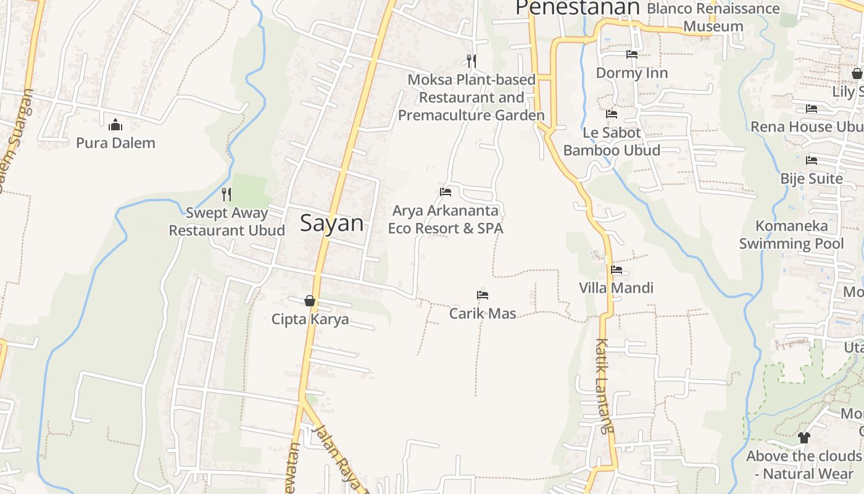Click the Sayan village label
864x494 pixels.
coord(331,223)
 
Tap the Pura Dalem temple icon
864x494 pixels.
coord(115,125)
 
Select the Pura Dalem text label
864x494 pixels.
coord(115,143)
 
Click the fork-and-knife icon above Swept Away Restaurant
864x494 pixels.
coord(226,195)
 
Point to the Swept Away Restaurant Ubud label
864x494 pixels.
coord(227,222)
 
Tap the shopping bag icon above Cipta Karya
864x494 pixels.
coord(310,301)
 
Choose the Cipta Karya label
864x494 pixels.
coord(310,319)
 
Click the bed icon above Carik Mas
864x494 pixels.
coord(483,295)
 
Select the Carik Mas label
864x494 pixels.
coord(483,313)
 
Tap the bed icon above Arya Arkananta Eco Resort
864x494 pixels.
coord(446,192)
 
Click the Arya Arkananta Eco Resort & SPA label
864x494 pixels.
coord(446,219)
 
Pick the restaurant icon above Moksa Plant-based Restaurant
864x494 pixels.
coord(471,61)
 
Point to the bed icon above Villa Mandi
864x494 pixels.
coord(617,270)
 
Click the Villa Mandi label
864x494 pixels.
coord(616,288)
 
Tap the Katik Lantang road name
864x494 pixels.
coord(604,386)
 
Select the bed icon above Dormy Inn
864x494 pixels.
coord(632,54)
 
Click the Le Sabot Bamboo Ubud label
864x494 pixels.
coord(612,141)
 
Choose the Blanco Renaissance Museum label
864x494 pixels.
coord(713,17)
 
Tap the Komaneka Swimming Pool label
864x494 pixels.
coord(791,235)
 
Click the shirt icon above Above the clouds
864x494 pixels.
coord(804,438)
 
